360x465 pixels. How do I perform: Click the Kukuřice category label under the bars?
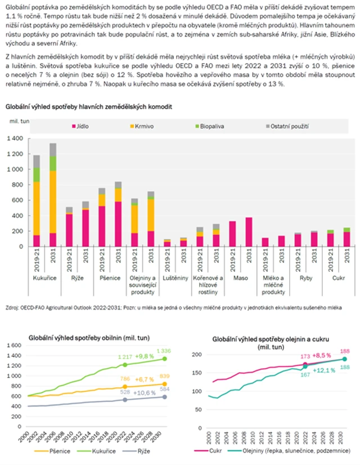(44, 278)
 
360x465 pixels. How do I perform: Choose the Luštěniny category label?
(175, 278)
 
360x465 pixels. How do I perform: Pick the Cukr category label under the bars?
(339, 278)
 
